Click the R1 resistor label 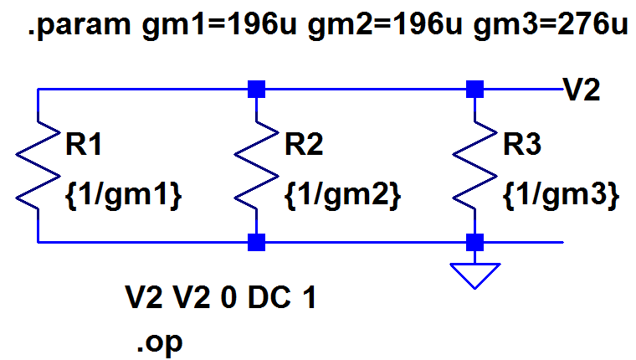pyautogui.click(x=85, y=146)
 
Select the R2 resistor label pyautogui.click(x=305, y=146)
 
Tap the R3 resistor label pyautogui.click(x=523, y=146)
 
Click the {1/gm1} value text pyautogui.click(x=122, y=194)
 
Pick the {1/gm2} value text pyautogui.click(x=343, y=194)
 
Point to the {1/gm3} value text pyautogui.click(x=562, y=194)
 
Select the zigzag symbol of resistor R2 pyautogui.click(x=257, y=167)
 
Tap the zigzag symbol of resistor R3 pyautogui.click(x=475, y=167)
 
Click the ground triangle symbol pyautogui.click(x=475, y=275)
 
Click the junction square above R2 pyautogui.click(x=257, y=88)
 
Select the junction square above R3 pyautogui.click(x=475, y=88)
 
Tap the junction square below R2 pyautogui.click(x=257, y=243)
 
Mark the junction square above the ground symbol pyautogui.click(x=475, y=243)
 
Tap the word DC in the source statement pyautogui.click(x=267, y=297)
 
